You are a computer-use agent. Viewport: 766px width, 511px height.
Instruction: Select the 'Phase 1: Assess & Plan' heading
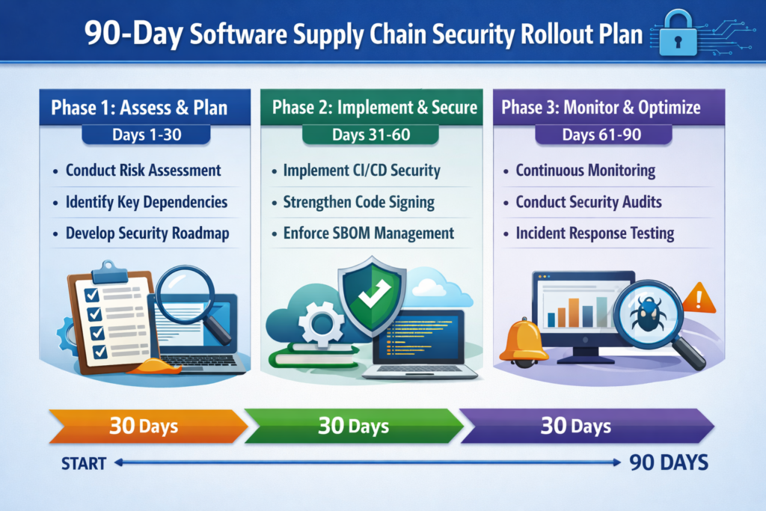pyautogui.click(x=139, y=107)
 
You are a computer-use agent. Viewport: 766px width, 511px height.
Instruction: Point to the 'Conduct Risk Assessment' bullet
pyautogui.click(x=143, y=170)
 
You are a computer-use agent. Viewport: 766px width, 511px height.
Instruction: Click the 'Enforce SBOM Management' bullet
pyautogui.click(x=368, y=233)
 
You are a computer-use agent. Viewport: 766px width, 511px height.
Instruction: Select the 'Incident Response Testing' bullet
pyautogui.click(x=595, y=233)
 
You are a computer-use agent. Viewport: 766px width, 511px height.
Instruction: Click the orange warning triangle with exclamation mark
pyautogui.click(x=699, y=298)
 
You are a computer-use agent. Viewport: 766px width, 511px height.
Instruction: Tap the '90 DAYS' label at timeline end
pyautogui.click(x=668, y=463)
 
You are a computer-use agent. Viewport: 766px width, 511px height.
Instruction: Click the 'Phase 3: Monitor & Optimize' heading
pyautogui.click(x=601, y=107)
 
